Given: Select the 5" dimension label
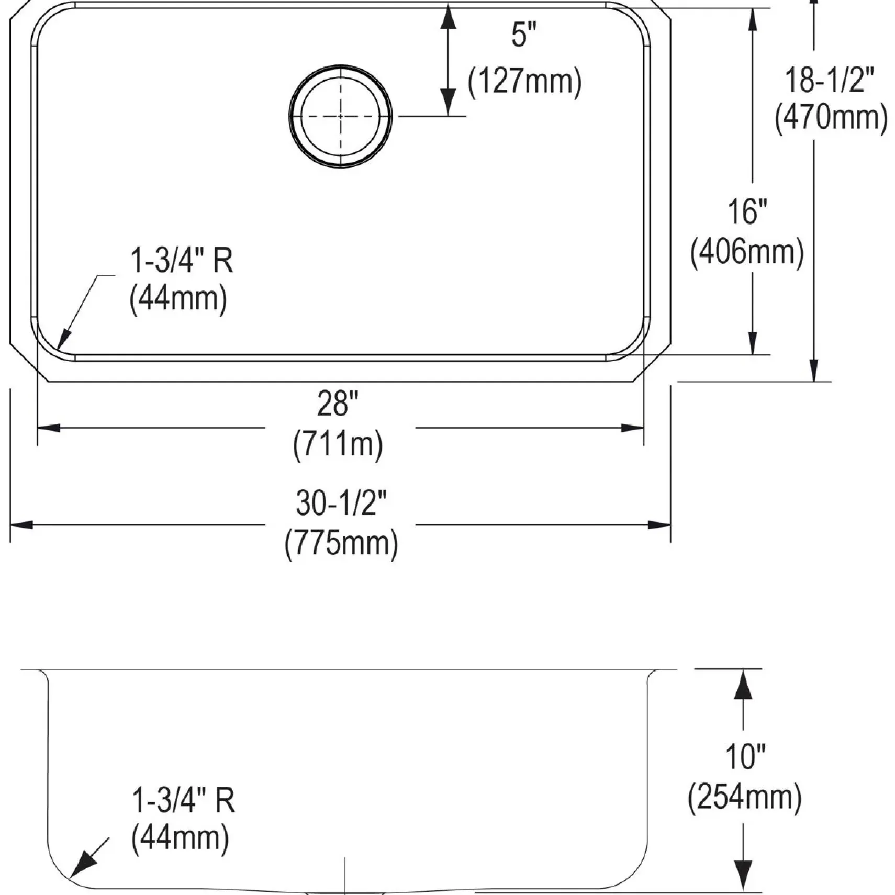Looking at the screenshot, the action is pos(524,36).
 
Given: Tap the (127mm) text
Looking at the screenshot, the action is pos(524,82).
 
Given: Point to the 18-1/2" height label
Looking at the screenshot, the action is pos(830,80).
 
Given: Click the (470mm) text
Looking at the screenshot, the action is pos(831,117).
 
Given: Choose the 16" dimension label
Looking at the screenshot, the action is pos(747,212).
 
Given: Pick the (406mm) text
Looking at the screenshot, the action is pos(747,252).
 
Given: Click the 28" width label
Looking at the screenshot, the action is pos(338,404).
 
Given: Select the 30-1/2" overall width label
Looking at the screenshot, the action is pos(341,502).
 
